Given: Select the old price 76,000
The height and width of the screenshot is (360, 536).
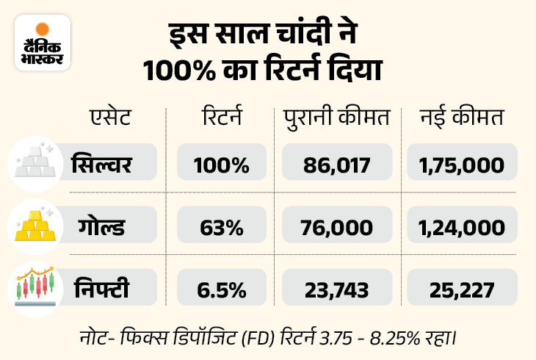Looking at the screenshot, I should point(337,226).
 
